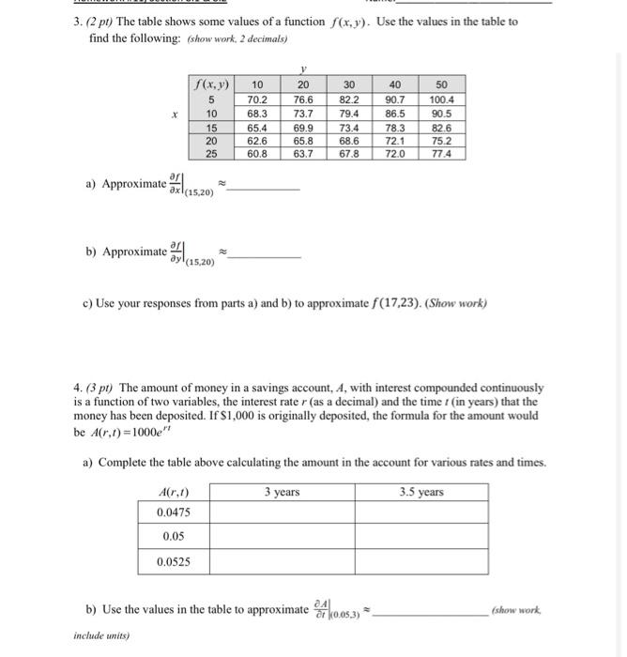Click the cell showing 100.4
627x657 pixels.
pos(441,99)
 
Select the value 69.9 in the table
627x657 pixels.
pos(304,126)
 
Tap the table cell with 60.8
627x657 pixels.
pos(256,153)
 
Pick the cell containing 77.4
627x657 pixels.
pos(441,153)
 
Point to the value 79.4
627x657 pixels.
pos(349,113)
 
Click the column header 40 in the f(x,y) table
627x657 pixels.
pos(395,84)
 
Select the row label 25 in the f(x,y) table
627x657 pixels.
pos(213,153)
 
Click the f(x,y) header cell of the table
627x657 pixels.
pos(213,84)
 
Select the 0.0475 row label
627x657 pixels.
pos(174,512)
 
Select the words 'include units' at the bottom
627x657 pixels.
pos(102,634)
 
